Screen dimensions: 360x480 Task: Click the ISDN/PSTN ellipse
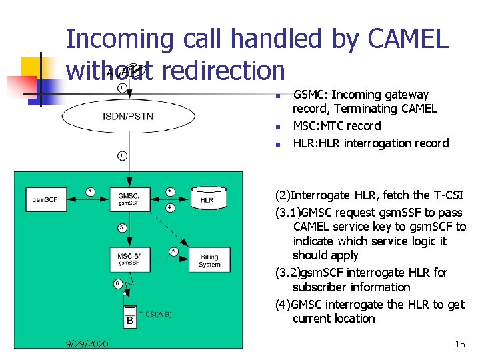tap(128, 117)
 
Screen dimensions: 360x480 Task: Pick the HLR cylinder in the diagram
tap(209, 197)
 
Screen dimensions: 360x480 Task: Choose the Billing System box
tap(209, 261)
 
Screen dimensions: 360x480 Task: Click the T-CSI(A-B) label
tap(155, 314)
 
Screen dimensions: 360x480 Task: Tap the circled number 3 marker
tap(90, 192)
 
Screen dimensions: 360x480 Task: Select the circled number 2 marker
tap(170, 192)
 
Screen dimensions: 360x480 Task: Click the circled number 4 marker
tap(170, 207)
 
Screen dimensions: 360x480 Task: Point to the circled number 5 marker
tap(121, 227)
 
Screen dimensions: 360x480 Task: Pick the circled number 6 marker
tap(117, 283)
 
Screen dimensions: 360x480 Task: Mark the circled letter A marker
tap(173, 251)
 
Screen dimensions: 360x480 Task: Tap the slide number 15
tap(459, 344)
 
